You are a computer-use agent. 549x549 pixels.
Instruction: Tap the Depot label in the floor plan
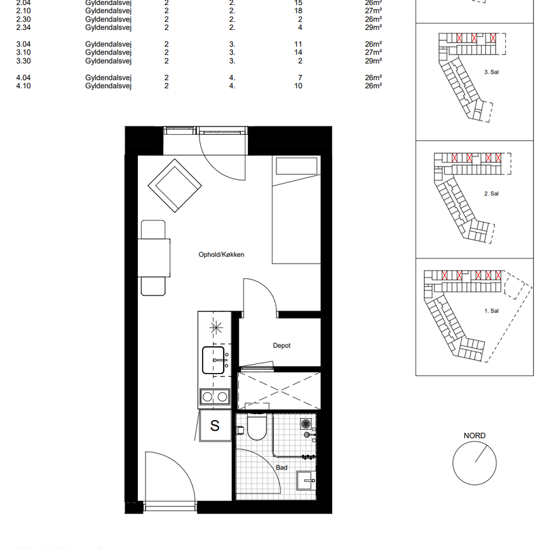pyautogui.click(x=281, y=346)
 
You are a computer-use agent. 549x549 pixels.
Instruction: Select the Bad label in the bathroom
pyautogui.click(x=281, y=468)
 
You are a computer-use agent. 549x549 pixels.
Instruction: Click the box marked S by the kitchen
pyautogui.click(x=215, y=426)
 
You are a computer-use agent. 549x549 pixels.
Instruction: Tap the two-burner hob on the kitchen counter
pyautogui.click(x=215, y=397)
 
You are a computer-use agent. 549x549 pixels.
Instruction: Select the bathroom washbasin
pyautogui.click(x=305, y=480)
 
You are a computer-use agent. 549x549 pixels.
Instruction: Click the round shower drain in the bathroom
pyautogui.click(x=306, y=423)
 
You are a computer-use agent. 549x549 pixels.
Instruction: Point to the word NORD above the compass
pyautogui.click(x=474, y=436)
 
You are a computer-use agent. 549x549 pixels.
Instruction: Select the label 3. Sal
pyautogui.click(x=491, y=73)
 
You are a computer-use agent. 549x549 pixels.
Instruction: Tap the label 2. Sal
pyautogui.click(x=491, y=193)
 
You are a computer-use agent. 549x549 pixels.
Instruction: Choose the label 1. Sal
pyautogui.click(x=491, y=311)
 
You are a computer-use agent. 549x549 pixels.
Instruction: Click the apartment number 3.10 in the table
pyautogui.click(x=23, y=52)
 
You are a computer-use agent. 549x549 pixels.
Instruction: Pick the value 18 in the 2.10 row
pyautogui.click(x=298, y=11)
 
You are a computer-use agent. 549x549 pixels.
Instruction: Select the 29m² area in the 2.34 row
pyautogui.click(x=373, y=27)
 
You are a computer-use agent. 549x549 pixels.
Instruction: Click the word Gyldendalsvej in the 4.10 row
pyautogui.click(x=108, y=86)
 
